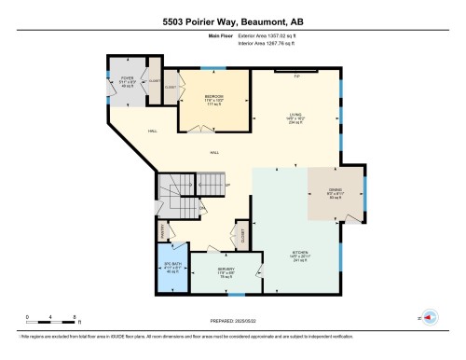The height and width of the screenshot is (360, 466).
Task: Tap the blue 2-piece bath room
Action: [x=171, y=270]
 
